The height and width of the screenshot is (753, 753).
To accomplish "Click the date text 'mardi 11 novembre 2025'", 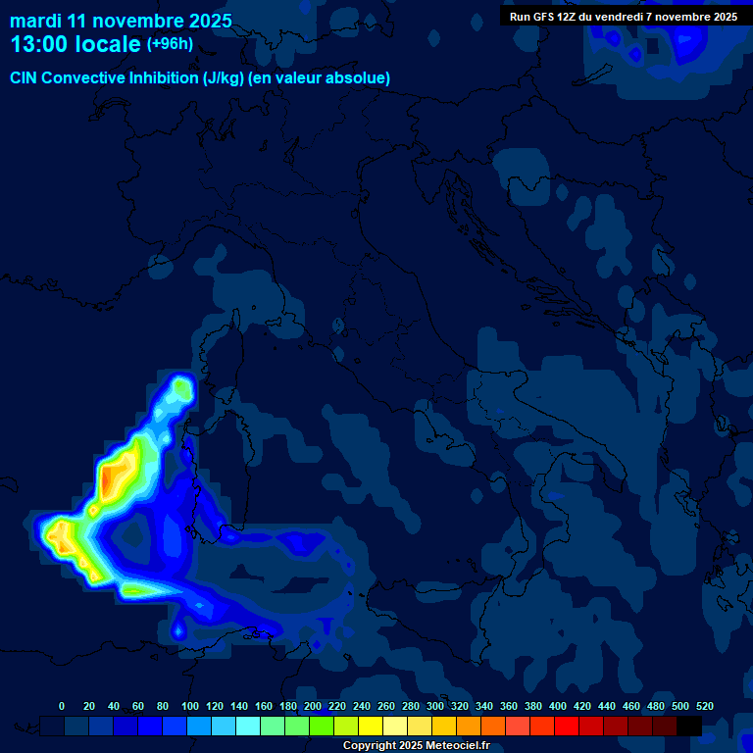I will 121,21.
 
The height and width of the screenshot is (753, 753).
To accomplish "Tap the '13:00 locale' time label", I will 75,44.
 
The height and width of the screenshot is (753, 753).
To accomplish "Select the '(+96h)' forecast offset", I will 170,44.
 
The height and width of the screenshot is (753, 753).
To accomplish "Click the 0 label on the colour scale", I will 62,706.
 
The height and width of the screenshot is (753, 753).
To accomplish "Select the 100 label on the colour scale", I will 190,706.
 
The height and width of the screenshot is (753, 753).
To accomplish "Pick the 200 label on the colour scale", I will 313,706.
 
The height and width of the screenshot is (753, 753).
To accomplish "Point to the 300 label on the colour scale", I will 435,706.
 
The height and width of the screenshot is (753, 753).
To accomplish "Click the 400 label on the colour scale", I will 558,706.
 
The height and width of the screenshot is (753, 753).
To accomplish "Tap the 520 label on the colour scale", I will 704,706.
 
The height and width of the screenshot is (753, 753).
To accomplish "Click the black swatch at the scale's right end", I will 689,726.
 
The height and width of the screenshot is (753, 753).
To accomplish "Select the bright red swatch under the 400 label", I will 567,726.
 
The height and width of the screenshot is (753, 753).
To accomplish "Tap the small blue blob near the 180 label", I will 178,629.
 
